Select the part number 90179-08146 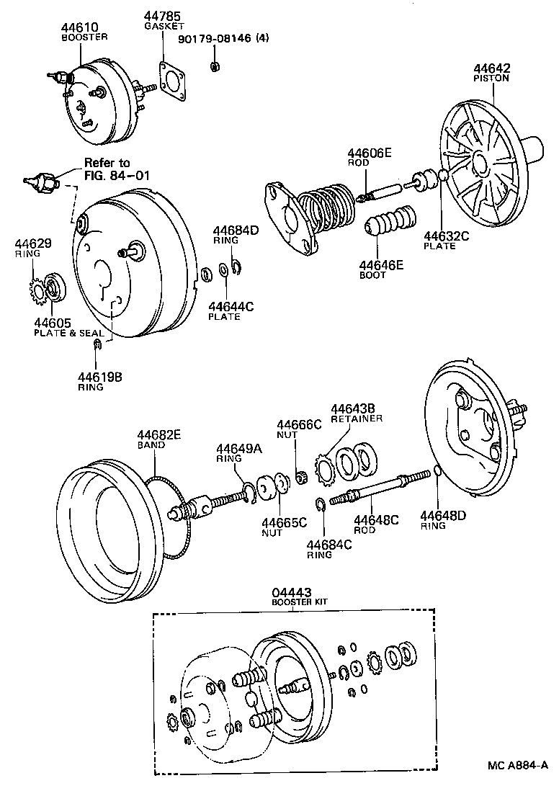(215, 39)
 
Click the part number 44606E (370, 153)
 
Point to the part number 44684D (235, 231)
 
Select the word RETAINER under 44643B (357, 419)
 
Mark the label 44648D (444, 515)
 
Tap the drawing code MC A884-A (516, 765)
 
